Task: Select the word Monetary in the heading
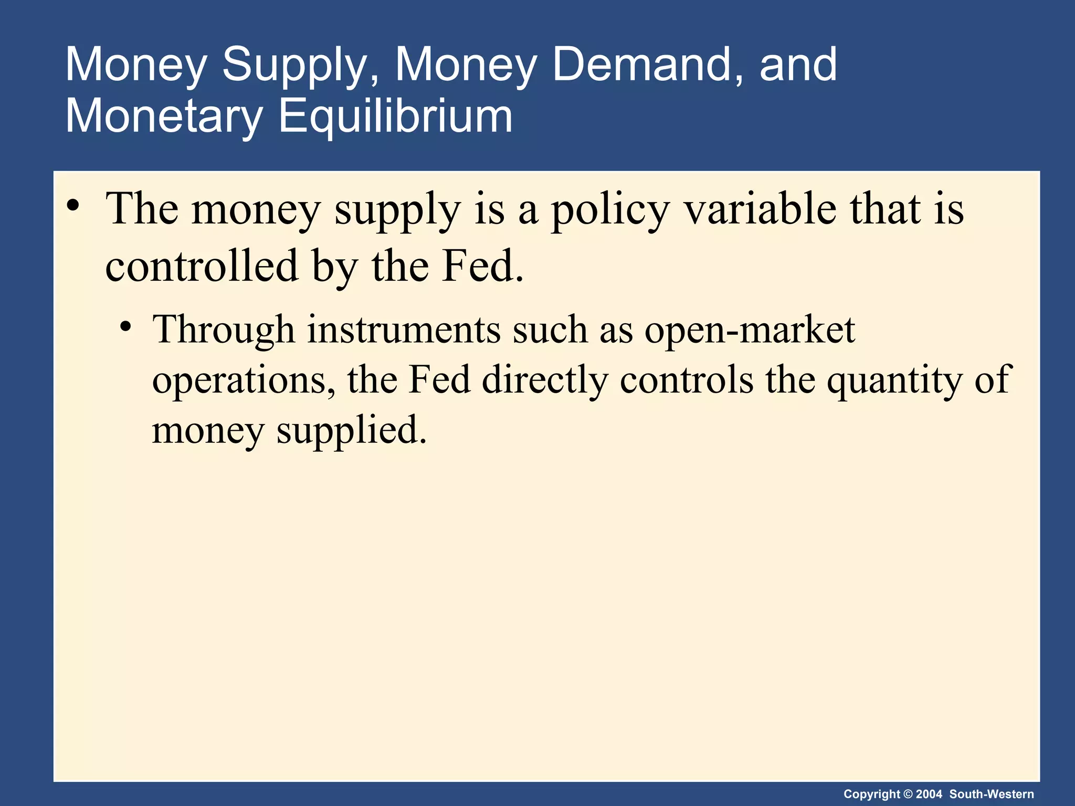click(x=163, y=117)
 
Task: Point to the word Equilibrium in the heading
click(x=395, y=117)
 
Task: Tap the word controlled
click(x=202, y=266)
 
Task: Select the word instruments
click(x=404, y=330)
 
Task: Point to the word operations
click(x=244, y=380)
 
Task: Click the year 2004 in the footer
click(x=929, y=794)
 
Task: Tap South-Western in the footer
click(x=992, y=794)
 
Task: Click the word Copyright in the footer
click(x=872, y=794)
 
